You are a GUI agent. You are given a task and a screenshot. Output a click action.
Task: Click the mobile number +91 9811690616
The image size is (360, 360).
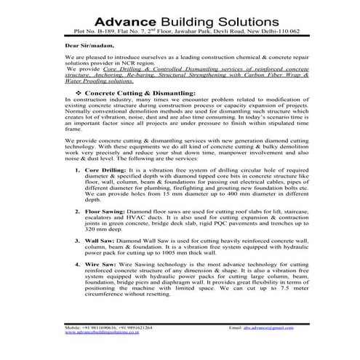(x=100, y=328)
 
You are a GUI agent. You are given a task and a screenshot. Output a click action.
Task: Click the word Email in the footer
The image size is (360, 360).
(x=235, y=328)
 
